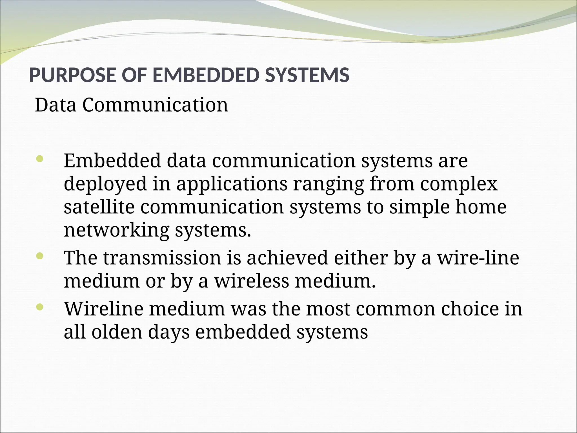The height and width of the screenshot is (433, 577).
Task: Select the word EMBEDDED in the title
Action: tap(205, 76)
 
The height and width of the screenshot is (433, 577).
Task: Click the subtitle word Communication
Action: tap(155, 105)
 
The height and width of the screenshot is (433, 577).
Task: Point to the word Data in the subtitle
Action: tap(56, 105)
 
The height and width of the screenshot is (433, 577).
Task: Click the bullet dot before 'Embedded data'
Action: tap(40, 159)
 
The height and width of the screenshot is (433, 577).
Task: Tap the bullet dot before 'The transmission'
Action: tap(40, 256)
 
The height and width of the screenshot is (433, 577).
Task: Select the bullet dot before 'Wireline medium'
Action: tap(40, 307)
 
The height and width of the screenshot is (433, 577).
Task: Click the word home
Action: tap(481, 207)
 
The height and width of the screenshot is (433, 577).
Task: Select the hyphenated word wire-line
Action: tap(478, 258)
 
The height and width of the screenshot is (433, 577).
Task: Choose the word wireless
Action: tap(252, 281)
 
